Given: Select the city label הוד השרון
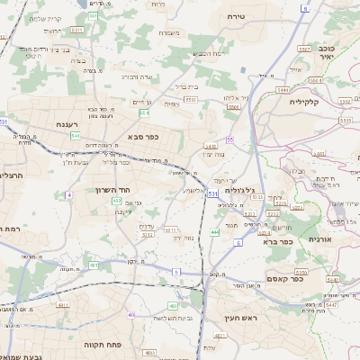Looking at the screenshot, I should [112, 190].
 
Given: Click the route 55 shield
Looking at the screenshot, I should [230, 139].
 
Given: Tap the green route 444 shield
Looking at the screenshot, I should [214, 233].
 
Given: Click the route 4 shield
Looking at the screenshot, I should [68, 194].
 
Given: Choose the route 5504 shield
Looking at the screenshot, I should [234, 105].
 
